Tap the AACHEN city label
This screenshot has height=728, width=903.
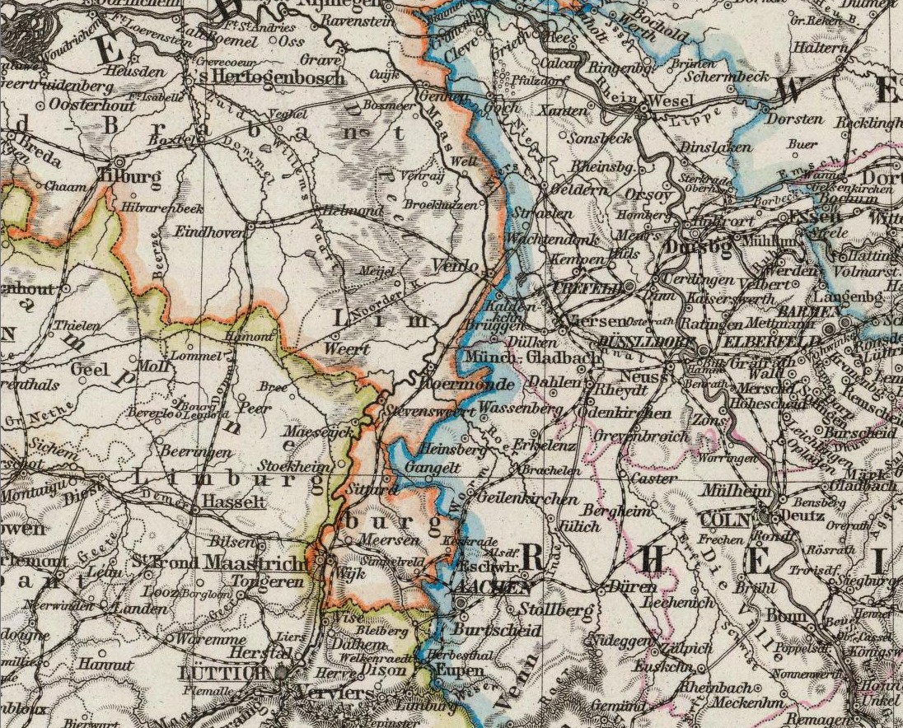point(490,587)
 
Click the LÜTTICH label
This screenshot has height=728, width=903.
point(223,673)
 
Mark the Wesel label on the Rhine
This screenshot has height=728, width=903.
point(667,100)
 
